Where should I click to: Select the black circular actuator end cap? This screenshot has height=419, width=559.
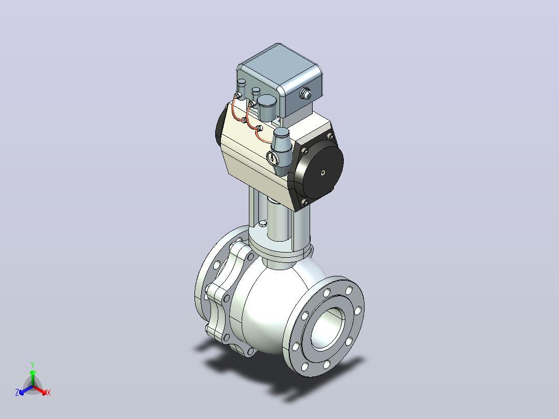(319, 169)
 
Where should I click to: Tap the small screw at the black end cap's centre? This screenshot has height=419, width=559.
(323, 172)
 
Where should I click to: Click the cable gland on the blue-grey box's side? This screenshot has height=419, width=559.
(305, 94)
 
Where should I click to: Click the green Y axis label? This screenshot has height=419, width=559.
(33, 365)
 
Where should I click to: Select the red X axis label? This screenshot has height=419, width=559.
(49, 393)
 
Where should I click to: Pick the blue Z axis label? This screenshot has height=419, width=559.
(17, 392)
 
